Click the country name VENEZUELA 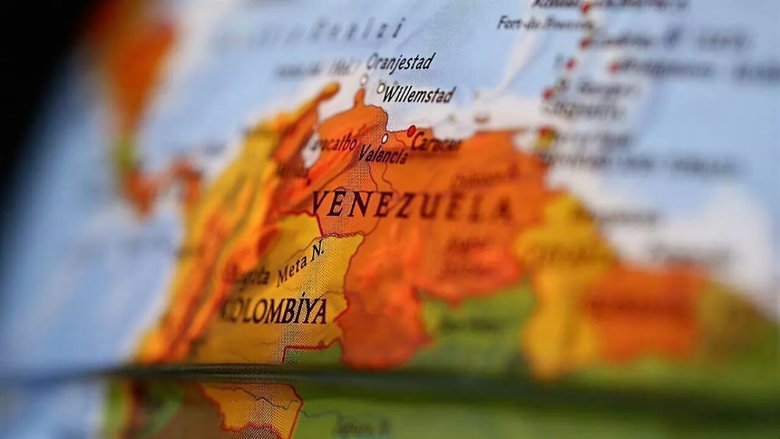pos(412,205)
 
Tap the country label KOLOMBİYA pos(274,310)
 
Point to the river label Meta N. pos(300,263)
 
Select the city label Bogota pos(247,276)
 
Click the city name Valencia pos(383,154)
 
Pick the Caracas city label pos(436,144)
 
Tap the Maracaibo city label pos(332,145)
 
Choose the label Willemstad pos(419,95)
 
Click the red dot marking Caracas pos(411,130)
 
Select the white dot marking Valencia pos(385,138)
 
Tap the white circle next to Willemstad pos(381,88)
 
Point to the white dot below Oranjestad pos(364,79)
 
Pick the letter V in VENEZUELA pos(321,203)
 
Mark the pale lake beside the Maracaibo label pos(311,152)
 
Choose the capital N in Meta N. pos(317,250)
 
